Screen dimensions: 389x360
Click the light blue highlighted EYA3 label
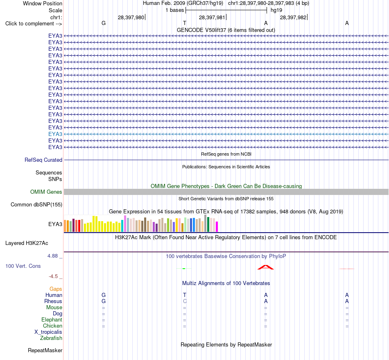pyautogui.click(x=55, y=134)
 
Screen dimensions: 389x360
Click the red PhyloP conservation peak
pyautogui.click(x=265, y=267)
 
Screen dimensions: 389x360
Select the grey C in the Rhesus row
pyautogui.click(x=185, y=301)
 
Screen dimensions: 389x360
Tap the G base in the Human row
pyautogui.click(x=104, y=295)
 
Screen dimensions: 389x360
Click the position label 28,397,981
pyautogui.click(x=212, y=17)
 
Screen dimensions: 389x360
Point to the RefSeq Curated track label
pyautogui.click(x=43, y=160)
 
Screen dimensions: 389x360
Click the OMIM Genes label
pyautogui.click(x=46, y=192)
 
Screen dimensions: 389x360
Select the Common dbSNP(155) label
pyautogui.click(x=36, y=205)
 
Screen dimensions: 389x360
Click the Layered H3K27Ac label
pyautogui.click(x=27, y=243)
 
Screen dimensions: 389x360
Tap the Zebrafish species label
pyautogui.click(x=51, y=338)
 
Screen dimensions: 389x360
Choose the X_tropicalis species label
pyautogui.click(x=48, y=332)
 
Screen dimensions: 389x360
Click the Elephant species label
pyautogui.click(x=52, y=319)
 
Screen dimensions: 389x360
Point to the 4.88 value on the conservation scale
pyautogui.click(x=52, y=256)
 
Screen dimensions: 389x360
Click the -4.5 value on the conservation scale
pyautogui.click(x=53, y=276)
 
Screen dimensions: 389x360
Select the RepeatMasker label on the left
pyautogui.click(x=45, y=350)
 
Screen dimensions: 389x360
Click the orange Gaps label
pyautogui.click(x=56, y=289)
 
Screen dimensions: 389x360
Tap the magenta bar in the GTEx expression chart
pyautogui.click(x=217, y=227)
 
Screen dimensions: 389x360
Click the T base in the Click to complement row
pyautogui.click(x=185, y=23)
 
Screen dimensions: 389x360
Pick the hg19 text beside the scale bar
pyautogui.click(x=276, y=10)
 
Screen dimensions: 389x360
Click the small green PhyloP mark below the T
pyautogui.click(x=184, y=268)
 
